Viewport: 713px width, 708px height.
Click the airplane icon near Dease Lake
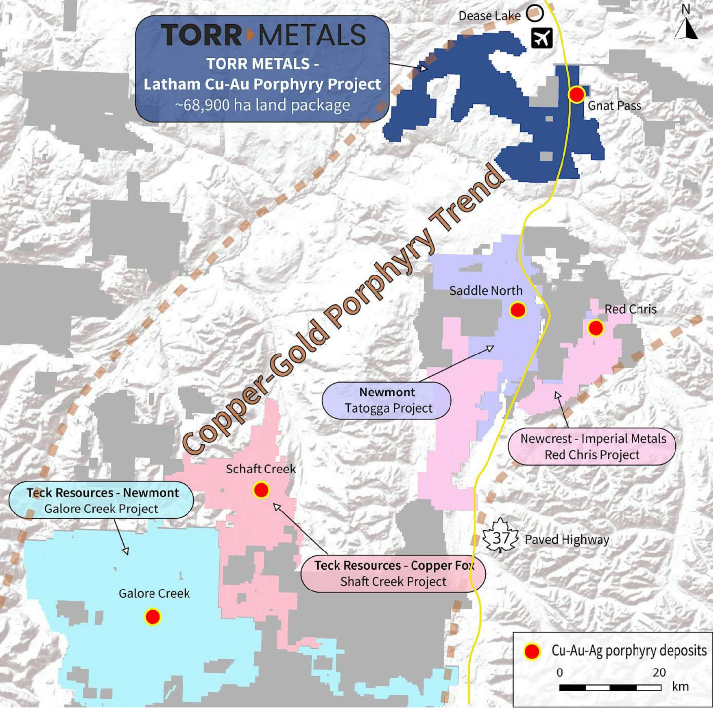click(542, 38)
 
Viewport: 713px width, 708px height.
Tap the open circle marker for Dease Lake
click(534, 13)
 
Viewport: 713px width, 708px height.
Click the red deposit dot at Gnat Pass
click(576, 94)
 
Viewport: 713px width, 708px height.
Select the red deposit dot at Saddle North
click(517, 310)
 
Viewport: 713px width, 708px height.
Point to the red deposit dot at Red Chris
click(596, 328)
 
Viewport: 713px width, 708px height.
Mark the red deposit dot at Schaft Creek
click(261, 490)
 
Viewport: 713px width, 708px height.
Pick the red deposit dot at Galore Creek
click(152, 617)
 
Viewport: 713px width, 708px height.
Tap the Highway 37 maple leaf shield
click(501, 537)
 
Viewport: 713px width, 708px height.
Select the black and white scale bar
click(610, 687)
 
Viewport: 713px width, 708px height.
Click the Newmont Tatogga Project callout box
click(387, 400)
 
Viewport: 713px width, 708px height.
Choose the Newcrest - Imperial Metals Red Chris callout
click(592, 446)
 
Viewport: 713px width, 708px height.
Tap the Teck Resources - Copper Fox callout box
click(393, 573)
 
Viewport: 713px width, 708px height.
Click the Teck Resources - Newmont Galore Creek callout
click(102, 500)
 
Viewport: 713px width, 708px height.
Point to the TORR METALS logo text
click(263, 35)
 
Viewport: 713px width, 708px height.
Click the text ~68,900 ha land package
click(263, 105)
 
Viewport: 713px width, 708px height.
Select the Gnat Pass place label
click(614, 106)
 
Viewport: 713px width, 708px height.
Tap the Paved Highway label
click(567, 540)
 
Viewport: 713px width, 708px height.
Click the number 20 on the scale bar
click(659, 672)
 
